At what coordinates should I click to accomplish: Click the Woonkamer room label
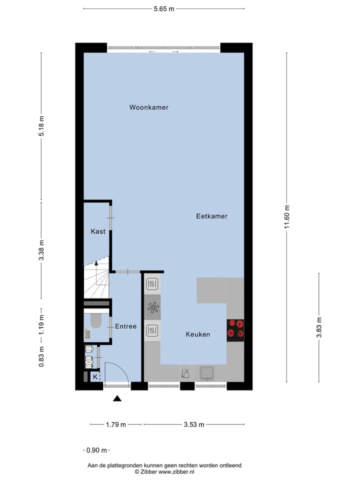[148, 107]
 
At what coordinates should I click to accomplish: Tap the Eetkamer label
[211, 216]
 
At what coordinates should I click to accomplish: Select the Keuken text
[198, 334]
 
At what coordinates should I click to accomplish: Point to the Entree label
[125, 326]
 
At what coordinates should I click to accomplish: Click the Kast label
[98, 231]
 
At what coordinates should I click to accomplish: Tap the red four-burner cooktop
[235, 330]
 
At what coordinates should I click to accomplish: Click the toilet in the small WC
[95, 320]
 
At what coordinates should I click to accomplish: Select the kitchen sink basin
[207, 372]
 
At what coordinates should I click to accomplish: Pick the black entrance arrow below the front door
[117, 398]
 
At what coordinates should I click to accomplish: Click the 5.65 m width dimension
[163, 8]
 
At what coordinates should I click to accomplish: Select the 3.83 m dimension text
[319, 328]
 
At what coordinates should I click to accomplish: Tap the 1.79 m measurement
[116, 425]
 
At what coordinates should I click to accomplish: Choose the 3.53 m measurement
[194, 425]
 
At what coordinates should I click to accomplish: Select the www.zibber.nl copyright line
[164, 471]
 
